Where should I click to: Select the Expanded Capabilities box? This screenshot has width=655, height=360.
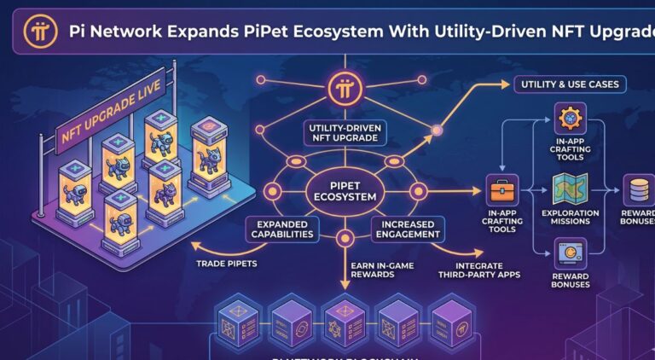tap(276, 229)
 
